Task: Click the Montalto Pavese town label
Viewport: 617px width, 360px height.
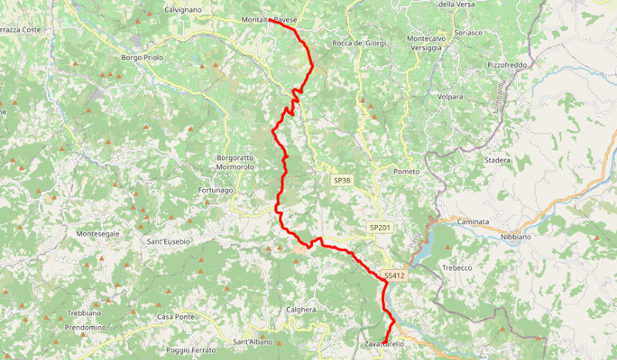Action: point(269,19)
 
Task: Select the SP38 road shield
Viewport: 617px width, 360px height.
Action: point(342,180)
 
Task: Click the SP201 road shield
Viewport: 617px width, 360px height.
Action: point(379,227)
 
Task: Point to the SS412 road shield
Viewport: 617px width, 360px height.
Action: point(394,275)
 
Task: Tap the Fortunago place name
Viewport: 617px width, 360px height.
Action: point(215,190)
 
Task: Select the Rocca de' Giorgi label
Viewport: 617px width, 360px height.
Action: point(359,43)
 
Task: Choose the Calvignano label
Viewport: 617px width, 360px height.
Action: point(183,10)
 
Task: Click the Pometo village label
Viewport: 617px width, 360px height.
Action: point(406,171)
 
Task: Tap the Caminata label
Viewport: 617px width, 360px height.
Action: point(473,221)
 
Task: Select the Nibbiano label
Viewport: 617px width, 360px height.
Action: point(517,237)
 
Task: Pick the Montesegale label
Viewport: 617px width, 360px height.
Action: point(98,234)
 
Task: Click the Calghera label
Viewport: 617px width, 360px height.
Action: point(301,309)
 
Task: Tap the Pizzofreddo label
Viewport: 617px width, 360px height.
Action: point(507,66)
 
